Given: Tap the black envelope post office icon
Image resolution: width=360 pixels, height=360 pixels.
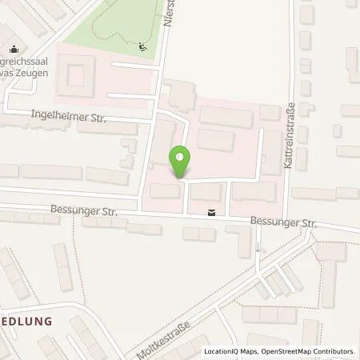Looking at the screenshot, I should click(x=210, y=213).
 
